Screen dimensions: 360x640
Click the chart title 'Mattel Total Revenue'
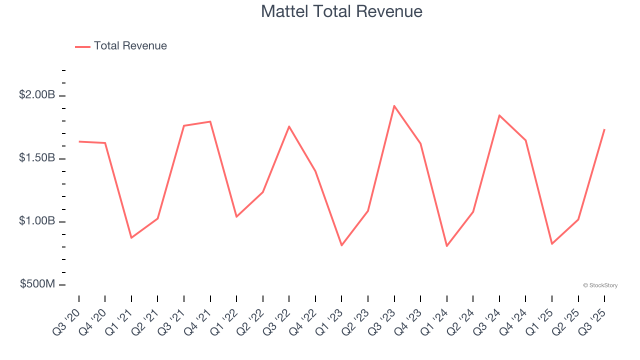pyautogui.click(x=341, y=11)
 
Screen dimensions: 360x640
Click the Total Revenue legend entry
pyautogui.click(x=121, y=46)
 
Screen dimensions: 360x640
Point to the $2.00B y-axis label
pyautogui.click(x=37, y=95)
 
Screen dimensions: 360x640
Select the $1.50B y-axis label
pyautogui.click(x=37, y=158)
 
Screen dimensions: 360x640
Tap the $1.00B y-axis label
pyautogui.click(x=37, y=221)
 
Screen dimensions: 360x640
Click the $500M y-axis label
pyautogui.click(x=37, y=284)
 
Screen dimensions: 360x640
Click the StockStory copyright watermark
pyautogui.click(x=600, y=285)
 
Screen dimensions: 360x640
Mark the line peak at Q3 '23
pyautogui.click(x=394, y=106)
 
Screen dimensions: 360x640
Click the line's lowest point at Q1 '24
pyautogui.click(x=446, y=246)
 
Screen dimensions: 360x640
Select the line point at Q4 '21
pyautogui.click(x=210, y=121)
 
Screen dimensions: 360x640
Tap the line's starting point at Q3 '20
pyautogui.click(x=79, y=141)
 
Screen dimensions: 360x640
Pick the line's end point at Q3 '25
pyautogui.click(x=604, y=129)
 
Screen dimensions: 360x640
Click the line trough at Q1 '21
pyautogui.click(x=131, y=237)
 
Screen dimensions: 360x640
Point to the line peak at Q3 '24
pyautogui.click(x=499, y=115)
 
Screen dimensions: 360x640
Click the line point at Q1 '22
pyautogui.click(x=236, y=216)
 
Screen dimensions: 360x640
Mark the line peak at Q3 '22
pyautogui.click(x=289, y=126)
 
